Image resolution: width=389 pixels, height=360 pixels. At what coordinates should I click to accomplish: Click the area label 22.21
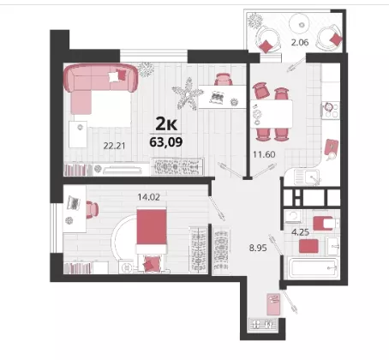(114, 146)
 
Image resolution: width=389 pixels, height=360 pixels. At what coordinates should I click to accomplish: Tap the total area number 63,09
(166, 141)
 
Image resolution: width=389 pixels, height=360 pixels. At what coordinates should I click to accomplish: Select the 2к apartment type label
(166, 123)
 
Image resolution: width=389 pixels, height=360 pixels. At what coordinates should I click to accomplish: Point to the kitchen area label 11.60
(264, 154)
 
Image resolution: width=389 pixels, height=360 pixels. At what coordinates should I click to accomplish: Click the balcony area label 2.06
(300, 43)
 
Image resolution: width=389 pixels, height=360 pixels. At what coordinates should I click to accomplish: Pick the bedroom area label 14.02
(148, 197)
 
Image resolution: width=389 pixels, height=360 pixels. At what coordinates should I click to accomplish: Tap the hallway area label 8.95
(258, 248)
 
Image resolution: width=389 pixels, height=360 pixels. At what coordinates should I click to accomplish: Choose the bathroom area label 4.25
(300, 232)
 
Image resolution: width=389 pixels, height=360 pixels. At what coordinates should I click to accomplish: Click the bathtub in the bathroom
(313, 267)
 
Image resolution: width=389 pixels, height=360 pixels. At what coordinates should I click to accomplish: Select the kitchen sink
(307, 177)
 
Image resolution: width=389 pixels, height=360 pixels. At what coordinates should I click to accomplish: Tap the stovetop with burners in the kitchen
(331, 111)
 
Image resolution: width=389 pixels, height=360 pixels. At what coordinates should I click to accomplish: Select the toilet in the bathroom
(325, 223)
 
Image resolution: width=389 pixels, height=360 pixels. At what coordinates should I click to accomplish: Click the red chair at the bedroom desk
(92, 209)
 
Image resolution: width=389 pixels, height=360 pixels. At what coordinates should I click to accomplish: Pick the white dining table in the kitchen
(272, 114)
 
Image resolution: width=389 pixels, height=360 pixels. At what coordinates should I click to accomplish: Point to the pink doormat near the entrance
(273, 304)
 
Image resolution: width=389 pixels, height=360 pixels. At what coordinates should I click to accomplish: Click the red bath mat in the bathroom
(308, 246)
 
